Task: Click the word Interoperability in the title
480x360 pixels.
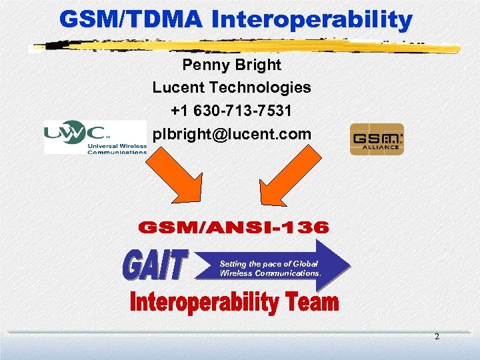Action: click(x=312, y=20)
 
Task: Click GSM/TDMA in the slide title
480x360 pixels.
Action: click(x=131, y=20)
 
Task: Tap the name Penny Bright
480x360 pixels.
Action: click(x=231, y=65)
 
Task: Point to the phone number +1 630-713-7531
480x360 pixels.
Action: click(x=231, y=110)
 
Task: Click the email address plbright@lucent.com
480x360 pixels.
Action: click(x=231, y=134)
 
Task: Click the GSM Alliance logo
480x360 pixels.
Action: click(x=377, y=139)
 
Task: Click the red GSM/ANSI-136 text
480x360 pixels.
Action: click(x=233, y=229)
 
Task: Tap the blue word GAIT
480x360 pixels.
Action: click(x=155, y=265)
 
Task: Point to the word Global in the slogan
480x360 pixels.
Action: click(x=306, y=264)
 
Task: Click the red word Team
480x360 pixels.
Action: click(x=313, y=304)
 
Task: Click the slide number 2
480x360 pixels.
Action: click(x=437, y=337)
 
